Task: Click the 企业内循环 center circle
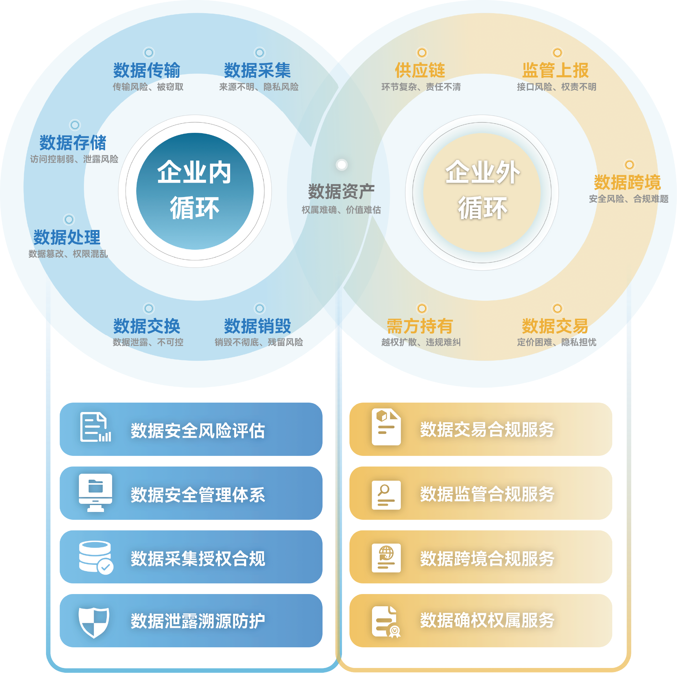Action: point(195,191)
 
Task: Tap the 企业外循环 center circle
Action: point(482,192)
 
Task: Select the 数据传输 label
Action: point(147,70)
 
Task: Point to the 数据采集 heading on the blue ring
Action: point(257,70)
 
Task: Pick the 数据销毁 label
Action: point(257,326)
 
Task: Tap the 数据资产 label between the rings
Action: point(341,191)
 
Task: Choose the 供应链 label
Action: point(420,70)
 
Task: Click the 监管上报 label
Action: point(556,70)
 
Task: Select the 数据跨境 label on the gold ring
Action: point(627,182)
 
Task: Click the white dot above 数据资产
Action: point(341,164)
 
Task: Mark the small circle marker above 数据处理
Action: point(69,220)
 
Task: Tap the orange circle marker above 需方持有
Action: point(421,309)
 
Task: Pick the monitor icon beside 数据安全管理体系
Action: point(95,493)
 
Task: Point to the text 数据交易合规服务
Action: point(487,430)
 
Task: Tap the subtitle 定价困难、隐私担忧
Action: point(556,342)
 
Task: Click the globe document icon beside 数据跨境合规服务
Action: point(386,558)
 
